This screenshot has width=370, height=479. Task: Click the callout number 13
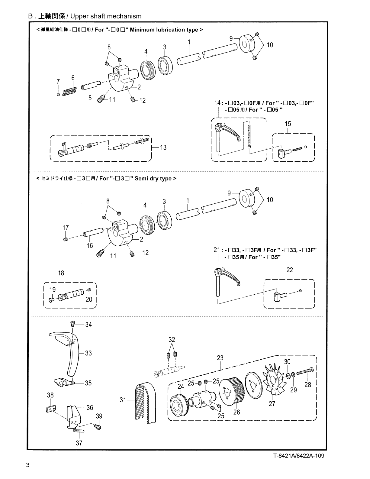click(x=163, y=147)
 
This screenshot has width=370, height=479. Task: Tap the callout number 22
click(x=290, y=270)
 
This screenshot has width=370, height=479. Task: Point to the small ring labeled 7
click(x=58, y=94)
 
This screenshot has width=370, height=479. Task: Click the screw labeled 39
click(x=98, y=427)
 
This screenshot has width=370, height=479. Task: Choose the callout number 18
click(x=61, y=273)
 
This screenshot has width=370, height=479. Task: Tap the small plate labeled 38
click(x=51, y=409)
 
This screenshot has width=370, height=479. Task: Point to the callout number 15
click(x=288, y=124)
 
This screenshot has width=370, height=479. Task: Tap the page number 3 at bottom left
click(x=28, y=465)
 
